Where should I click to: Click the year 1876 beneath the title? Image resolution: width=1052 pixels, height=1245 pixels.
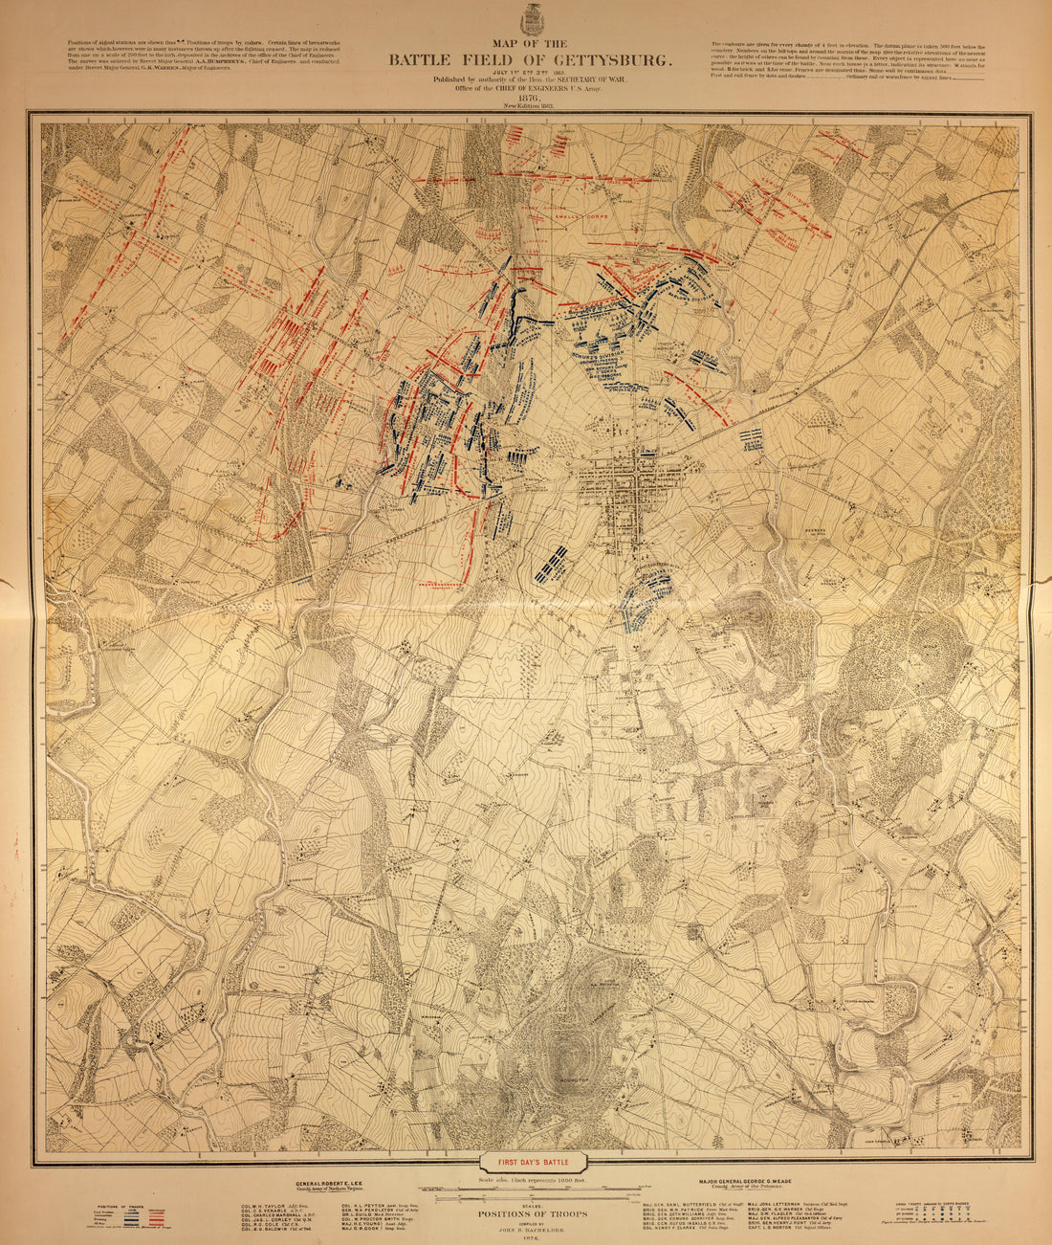tap(529, 97)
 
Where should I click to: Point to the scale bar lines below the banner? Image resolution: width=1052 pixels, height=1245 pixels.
tap(536, 1194)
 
